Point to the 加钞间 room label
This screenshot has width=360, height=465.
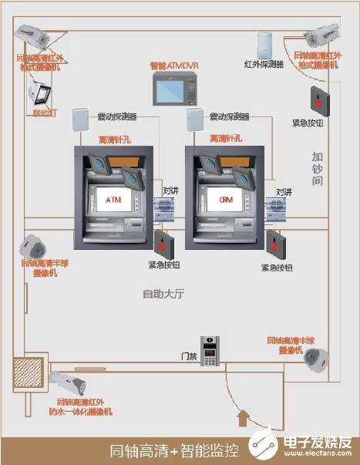tap(317, 168)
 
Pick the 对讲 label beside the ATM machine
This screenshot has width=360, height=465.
tap(171, 190)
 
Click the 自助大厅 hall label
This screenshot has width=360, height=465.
tap(162, 293)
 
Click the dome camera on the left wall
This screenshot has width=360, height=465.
tap(33, 246)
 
